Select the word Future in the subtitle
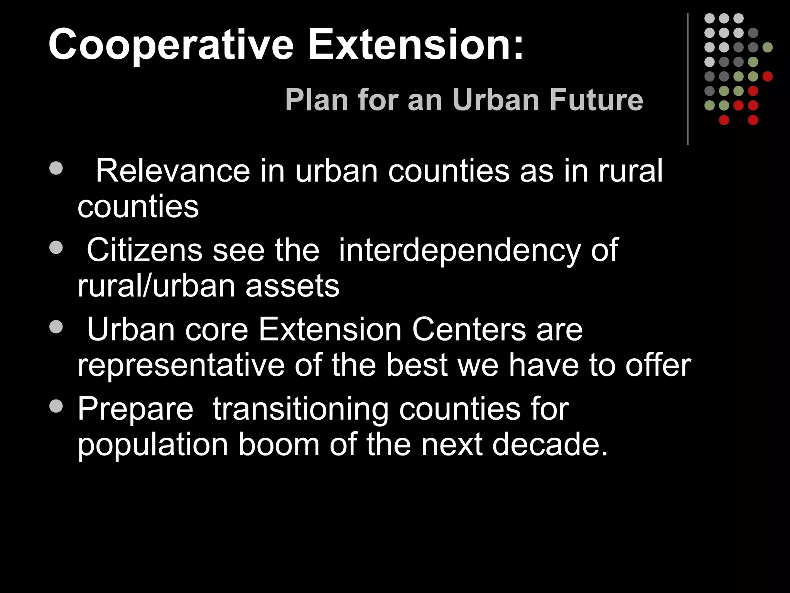(596, 100)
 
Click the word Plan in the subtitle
(317, 100)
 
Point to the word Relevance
(173, 171)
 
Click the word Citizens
(145, 250)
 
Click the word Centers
(469, 330)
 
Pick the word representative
(181, 366)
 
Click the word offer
(658, 365)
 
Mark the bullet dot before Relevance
(56, 168)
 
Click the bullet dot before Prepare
(56, 406)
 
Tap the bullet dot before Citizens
(56, 248)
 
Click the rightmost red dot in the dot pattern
(768, 76)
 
